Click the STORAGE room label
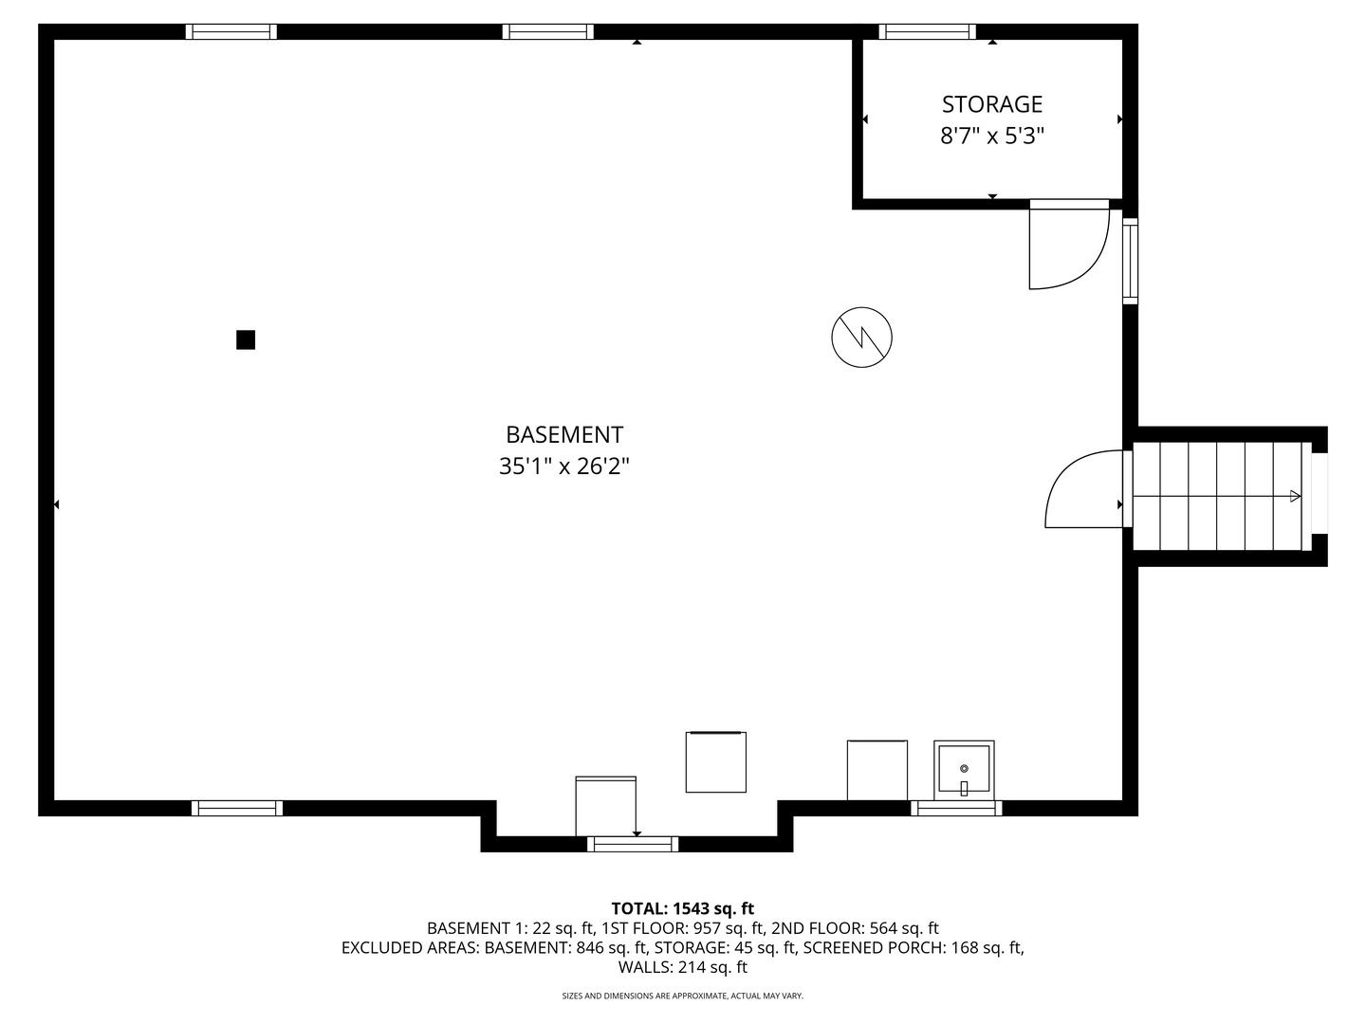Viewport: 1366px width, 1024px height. pyautogui.click(x=991, y=104)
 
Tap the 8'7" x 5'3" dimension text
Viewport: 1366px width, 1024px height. pyautogui.click(x=991, y=137)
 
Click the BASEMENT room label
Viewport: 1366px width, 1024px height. pyautogui.click(x=563, y=435)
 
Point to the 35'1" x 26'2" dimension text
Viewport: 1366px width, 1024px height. pyautogui.click(x=563, y=466)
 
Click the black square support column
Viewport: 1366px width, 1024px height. pyautogui.click(x=246, y=339)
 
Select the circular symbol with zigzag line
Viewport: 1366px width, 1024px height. pyautogui.click(x=862, y=337)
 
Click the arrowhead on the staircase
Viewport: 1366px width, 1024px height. pyautogui.click(x=1295, y=495)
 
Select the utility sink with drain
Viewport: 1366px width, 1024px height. pyautogui.click(x=964, y=769)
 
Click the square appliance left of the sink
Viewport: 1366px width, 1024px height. pyautogui.click(x=877, y=769)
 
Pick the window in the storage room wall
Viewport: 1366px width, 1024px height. pyautogui.click(x=927, y=32)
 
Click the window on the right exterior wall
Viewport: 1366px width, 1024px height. pyautogui.click(x=1130, y=261)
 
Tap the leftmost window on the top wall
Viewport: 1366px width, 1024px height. pyautogui.click(x=231, y=32)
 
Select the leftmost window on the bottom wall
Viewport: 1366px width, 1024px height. pyautogui.click(x=237, y=808)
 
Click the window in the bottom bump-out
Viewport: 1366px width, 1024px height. pyautogui.click(x=633, y=844)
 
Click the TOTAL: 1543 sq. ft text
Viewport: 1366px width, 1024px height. pyautogui.click(x=682, y=908)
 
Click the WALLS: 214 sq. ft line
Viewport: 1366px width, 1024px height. pyautogui.click(x=682, y=967)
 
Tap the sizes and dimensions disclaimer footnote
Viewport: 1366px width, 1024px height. pyautogui.click(x=682, y=996)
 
